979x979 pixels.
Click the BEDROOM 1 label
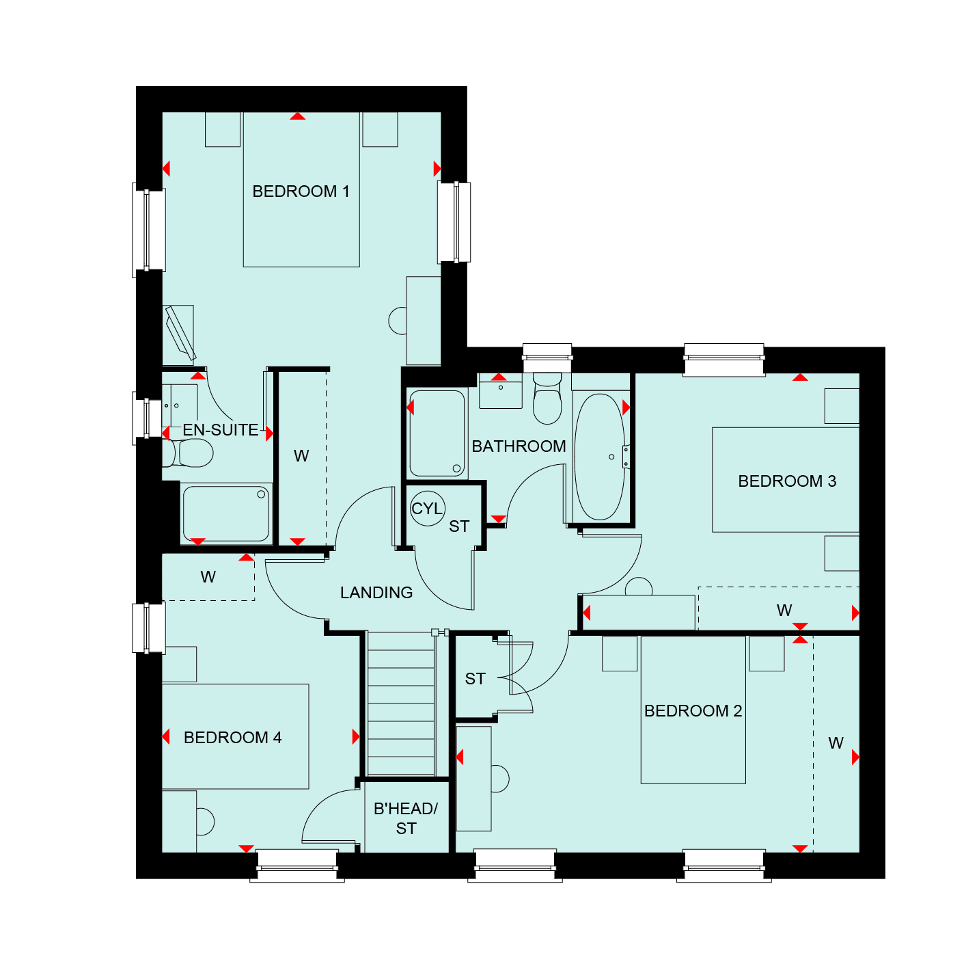301,191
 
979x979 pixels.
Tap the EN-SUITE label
221,430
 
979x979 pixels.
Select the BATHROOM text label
519,446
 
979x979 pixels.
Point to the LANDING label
376,593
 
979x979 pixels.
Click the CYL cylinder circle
427,508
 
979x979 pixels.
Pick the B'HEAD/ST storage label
406,818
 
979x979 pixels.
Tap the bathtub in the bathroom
599,457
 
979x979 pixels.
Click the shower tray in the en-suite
226,513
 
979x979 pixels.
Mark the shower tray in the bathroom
437,433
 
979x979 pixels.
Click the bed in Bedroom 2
693,710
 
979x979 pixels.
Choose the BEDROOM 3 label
787,481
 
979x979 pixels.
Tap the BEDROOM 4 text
233,738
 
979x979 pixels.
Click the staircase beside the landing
401,704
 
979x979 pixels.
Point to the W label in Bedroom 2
836,743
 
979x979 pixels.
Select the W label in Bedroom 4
208,577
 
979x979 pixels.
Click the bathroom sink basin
500,391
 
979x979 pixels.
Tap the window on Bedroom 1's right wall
454,222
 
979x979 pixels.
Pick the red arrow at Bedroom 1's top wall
298,116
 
